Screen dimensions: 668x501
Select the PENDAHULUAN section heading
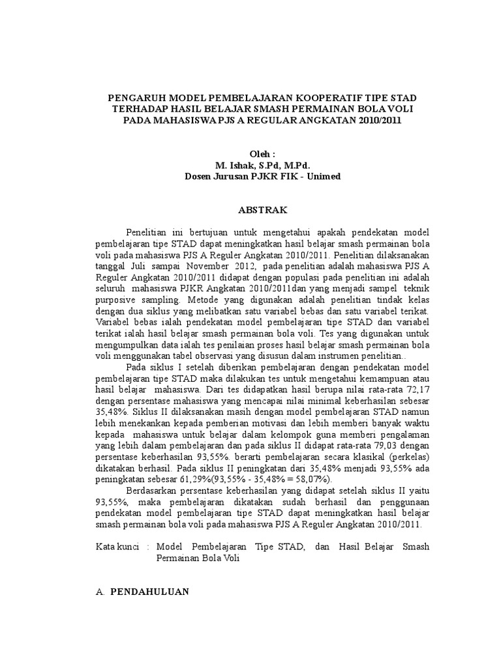tap(149, 592)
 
